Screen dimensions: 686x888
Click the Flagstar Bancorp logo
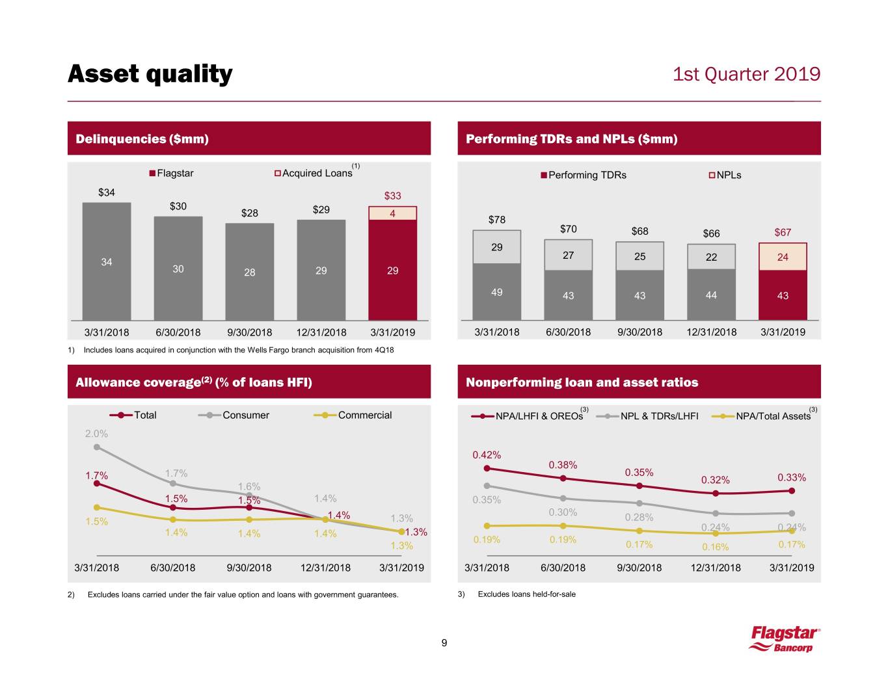tap(784, 639)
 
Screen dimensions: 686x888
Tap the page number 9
tap(444, 644)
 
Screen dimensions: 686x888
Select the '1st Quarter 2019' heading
tap(746, 74)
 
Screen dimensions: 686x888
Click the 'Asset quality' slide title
tap(150, 74)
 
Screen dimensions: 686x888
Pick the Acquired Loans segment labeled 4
tap(392, 213)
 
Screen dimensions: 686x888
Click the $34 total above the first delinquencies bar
tap(106, 192)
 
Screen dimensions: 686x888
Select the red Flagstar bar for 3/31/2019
tap(392, 269)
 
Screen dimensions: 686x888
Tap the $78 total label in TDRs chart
tap(496, 220)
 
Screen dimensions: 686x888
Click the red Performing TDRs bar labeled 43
tap(783, 295)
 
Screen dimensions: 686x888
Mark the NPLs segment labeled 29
tap(496, 247)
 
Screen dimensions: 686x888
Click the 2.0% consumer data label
tap(96, 434)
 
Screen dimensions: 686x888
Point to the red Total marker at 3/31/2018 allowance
tap(96, 483)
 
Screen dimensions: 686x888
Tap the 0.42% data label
tap(487, 455)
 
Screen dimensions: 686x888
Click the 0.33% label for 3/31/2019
tap(792, 478)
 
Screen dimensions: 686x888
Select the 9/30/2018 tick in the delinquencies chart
tap(249, 332)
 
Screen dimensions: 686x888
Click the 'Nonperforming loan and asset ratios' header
tap(582, 382)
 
